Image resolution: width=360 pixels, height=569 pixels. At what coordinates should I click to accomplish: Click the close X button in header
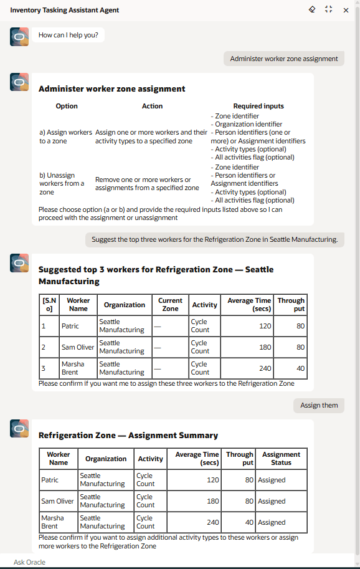[x=346, y=10]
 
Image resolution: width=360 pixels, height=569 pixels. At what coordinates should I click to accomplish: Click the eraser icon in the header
[x=312, y=10]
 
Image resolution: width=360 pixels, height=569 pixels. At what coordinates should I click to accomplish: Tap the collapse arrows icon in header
[x=329, y=10]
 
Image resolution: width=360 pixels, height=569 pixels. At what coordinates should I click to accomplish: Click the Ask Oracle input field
[x=174, y=562]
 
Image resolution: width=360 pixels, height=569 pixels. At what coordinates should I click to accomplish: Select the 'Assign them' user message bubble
[x=319, y=405]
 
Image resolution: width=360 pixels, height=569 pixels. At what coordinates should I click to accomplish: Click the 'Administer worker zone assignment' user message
[x=283, y=59]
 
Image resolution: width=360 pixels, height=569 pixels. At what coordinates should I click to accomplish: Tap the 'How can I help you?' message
[x=69, y=36]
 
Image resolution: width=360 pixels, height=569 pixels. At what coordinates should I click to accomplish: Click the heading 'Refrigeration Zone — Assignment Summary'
[x=128, y=436]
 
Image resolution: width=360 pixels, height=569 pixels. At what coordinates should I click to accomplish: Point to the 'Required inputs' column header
[x=258, y=106]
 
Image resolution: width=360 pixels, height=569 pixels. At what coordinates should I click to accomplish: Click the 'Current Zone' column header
[x=170, y=305]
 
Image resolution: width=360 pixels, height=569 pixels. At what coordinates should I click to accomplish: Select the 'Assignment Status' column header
[x=281, y=459]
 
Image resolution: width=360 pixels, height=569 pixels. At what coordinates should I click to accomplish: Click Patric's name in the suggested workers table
[x=70, y=326]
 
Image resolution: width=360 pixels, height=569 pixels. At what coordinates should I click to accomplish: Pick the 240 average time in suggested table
[x=265, y=368]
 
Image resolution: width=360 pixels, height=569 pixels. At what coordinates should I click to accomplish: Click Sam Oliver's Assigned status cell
[x=272, y=501]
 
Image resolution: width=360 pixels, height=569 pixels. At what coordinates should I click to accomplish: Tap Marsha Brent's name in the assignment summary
[x=52, y=522]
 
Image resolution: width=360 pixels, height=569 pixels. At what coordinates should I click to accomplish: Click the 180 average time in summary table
[x=212, y=501]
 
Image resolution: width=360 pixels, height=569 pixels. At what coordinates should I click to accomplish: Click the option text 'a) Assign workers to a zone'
[x=65, y=136]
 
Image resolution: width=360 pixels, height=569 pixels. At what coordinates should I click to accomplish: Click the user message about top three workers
[x=214, y=239]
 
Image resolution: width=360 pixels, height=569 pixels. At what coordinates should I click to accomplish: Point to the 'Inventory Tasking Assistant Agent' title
[x=65, y=10]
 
